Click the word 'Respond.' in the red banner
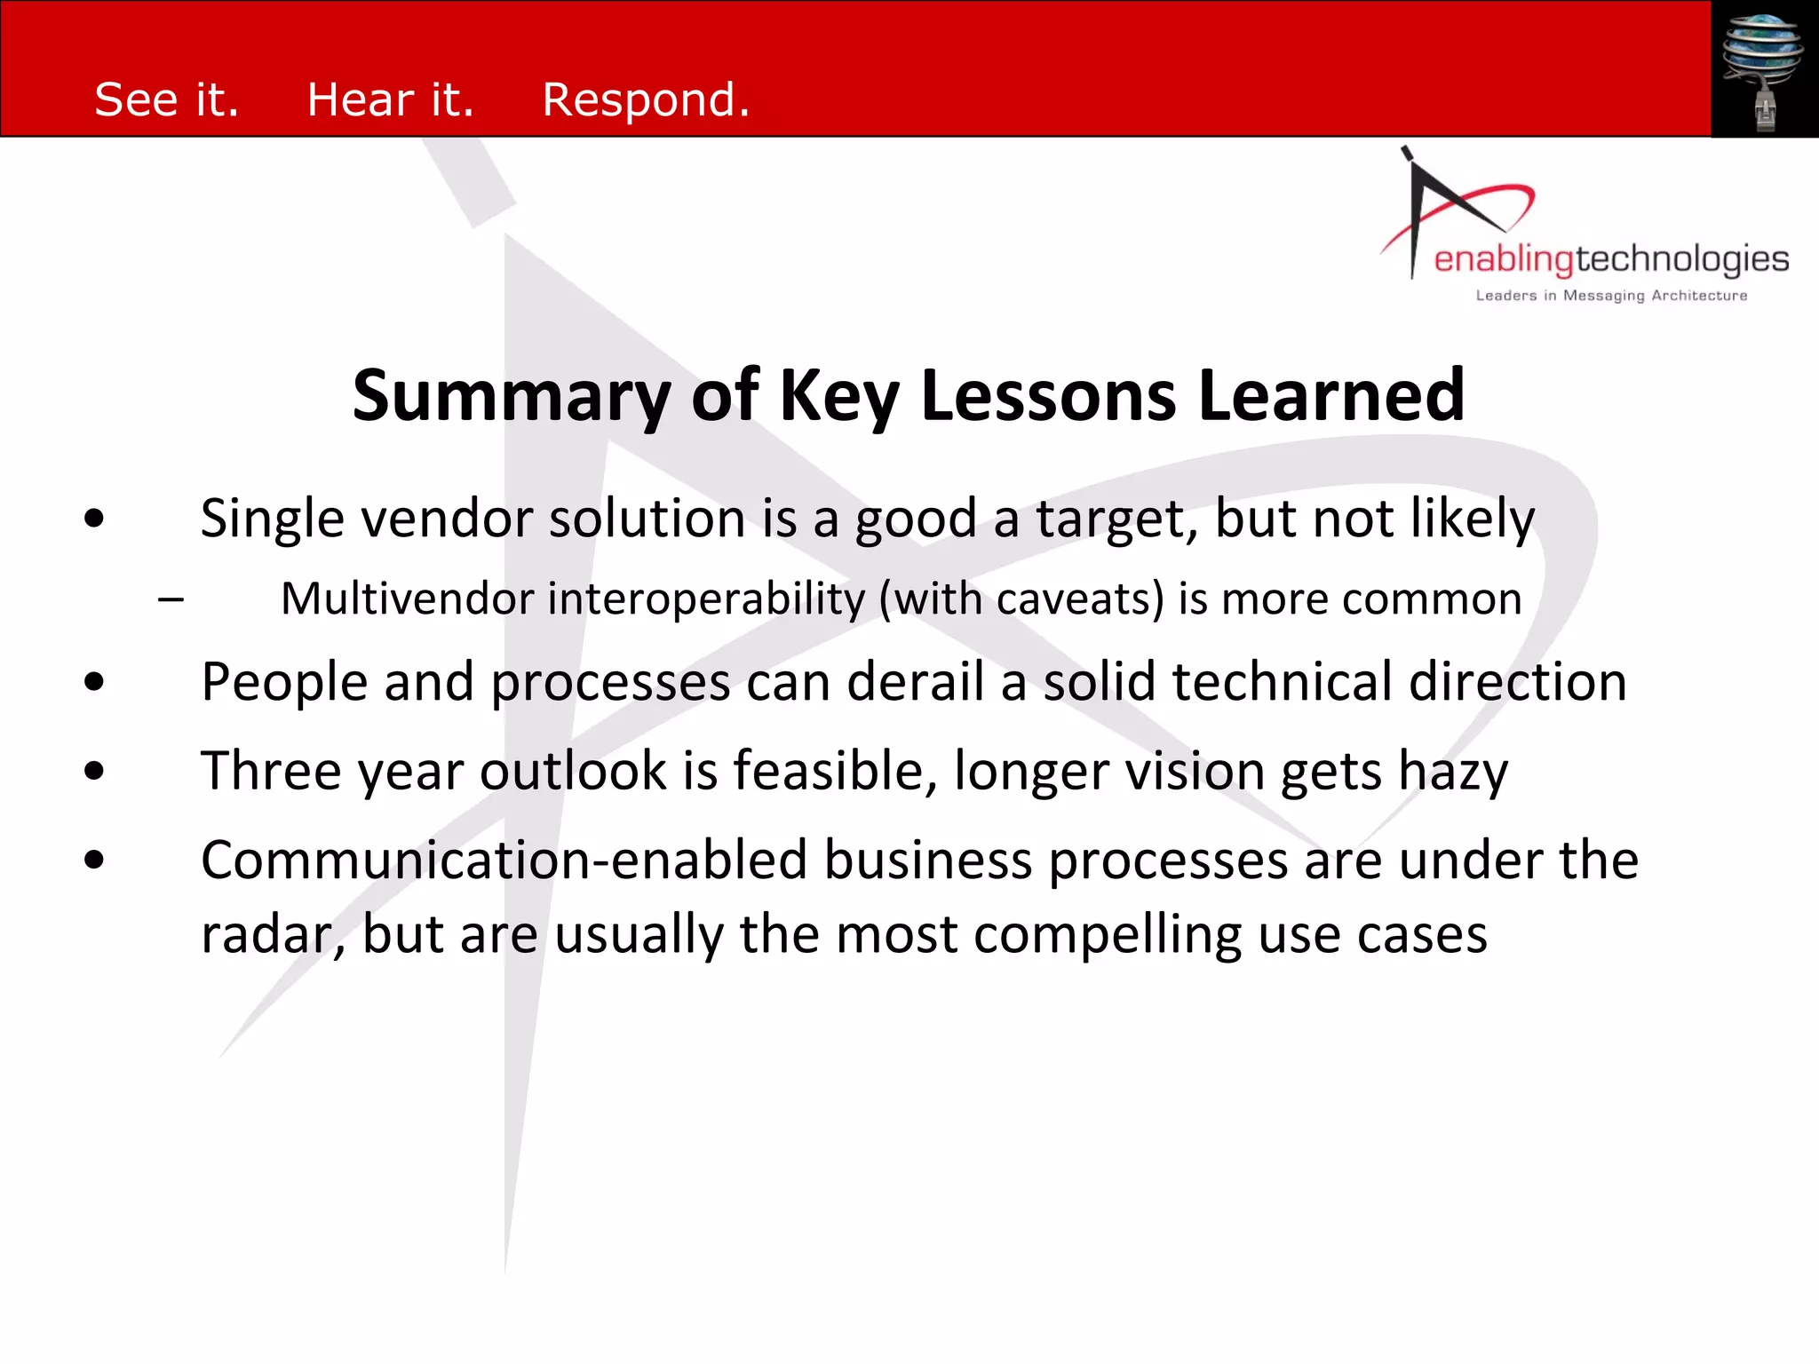click(646, 99)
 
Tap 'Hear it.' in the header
click(390, 99)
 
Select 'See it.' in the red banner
click(167, 99)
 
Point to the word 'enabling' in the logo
click(1503, 259)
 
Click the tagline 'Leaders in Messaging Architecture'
click(1611, 296)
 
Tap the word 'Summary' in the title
click(511, 396)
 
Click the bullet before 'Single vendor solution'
click(94, 519)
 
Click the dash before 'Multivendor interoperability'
click(171, 599)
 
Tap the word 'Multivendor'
click(407, 599)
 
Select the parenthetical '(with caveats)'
click(1021, 600)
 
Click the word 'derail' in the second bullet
click(915, 682)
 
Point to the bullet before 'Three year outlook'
click(94, 771)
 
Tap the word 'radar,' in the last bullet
click(273, 935)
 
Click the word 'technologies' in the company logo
click(1682, 259)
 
